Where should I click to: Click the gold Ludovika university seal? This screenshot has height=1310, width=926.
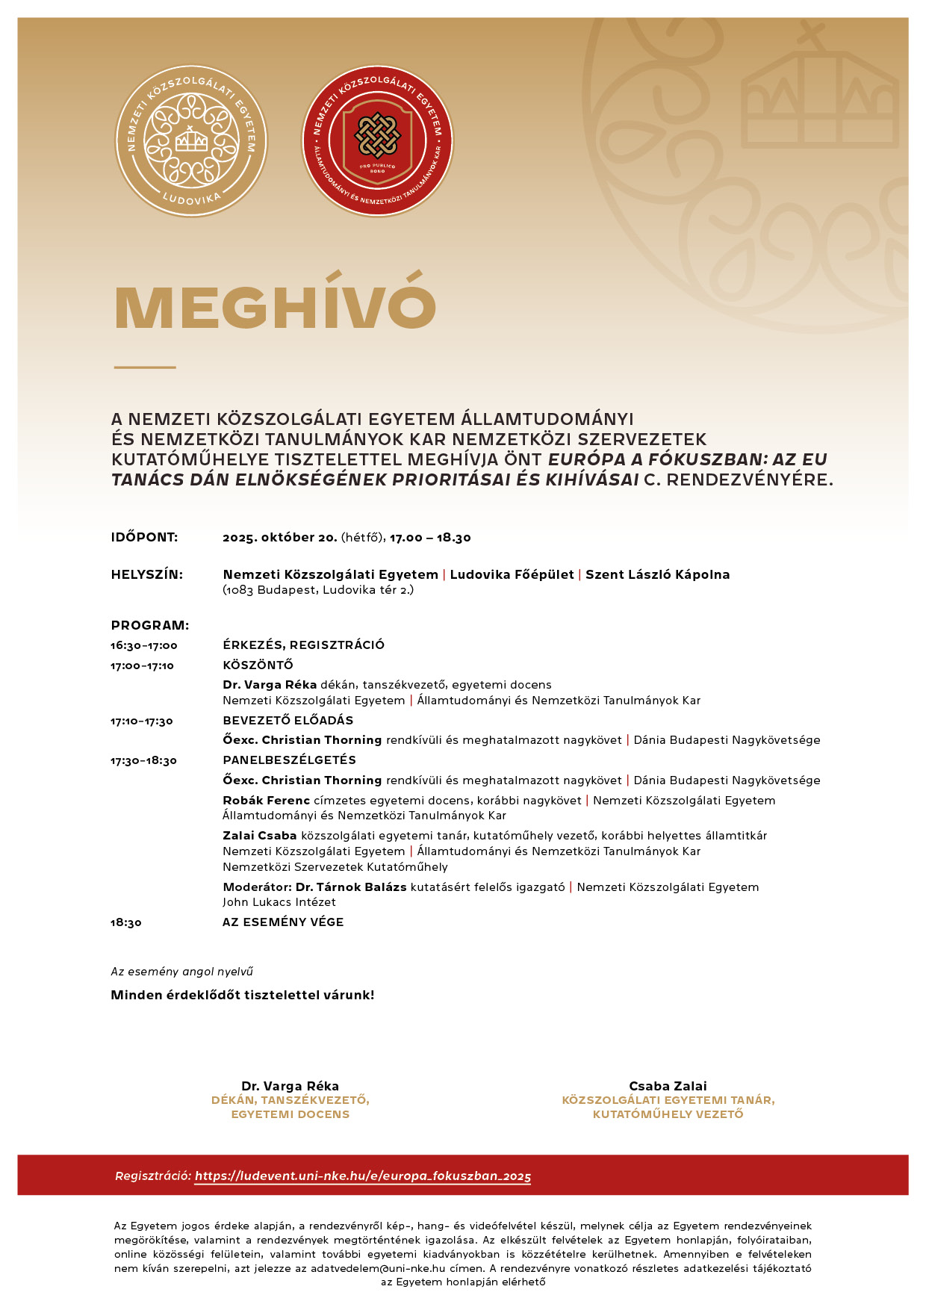191,141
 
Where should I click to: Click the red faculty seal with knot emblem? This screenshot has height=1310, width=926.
377,141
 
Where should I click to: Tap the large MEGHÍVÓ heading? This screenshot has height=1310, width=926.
275,307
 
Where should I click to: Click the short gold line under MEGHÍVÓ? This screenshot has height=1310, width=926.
145,367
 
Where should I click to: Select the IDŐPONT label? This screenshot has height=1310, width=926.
144,538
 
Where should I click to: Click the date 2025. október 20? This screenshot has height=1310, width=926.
279,538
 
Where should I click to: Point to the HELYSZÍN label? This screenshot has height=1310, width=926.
147,574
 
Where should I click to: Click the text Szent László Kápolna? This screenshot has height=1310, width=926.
657,574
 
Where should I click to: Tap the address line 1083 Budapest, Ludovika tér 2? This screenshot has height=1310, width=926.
318,590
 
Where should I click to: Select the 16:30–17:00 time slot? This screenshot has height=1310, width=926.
144,645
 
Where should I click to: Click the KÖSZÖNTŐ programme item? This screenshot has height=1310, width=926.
258,665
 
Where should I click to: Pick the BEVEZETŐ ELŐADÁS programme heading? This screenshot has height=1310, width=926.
288,721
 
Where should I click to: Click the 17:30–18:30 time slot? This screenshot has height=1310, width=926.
144,761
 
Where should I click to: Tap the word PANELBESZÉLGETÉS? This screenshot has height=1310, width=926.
290,760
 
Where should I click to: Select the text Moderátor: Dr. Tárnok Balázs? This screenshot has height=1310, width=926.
314,887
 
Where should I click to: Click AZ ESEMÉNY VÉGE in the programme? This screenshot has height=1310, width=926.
283,922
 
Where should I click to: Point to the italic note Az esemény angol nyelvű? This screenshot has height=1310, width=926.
182,972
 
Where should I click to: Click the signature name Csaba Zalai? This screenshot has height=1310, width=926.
668,1086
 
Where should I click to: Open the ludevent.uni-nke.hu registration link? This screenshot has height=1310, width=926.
363,1176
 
